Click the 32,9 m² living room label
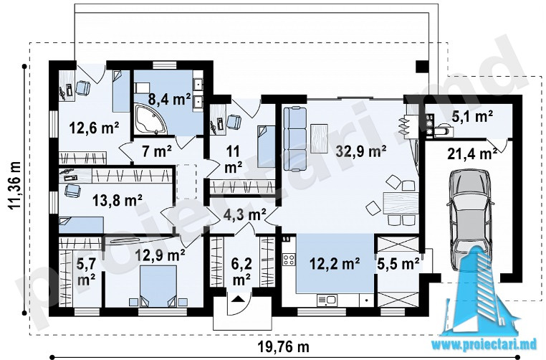click(x=361, y=151)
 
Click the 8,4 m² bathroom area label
click(x=169, y=99)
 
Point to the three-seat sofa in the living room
click(x=295, y=139)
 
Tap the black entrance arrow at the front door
click(x=238, y=298)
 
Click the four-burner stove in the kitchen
click(x=289, y=260)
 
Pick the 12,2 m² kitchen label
click(x=335, y=264)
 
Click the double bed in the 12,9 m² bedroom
click(x=158, y=285)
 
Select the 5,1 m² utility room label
click(x=471, y=116)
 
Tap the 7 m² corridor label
click(x=157, y=151)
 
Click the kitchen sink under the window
click(x=327, y=300)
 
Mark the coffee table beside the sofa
click(x=319, y=138)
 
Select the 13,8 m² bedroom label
click(x=117, y=200)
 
